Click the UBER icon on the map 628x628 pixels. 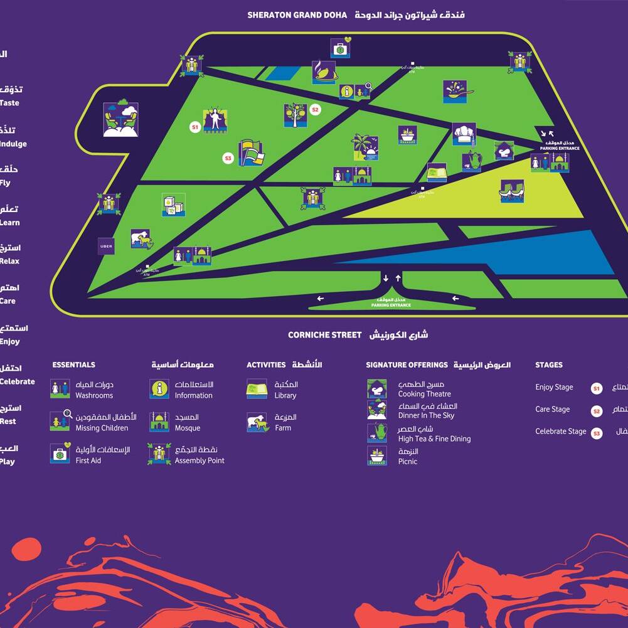click(106, 247)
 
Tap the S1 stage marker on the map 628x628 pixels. click(194, 127)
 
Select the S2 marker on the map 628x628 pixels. click(315, 110)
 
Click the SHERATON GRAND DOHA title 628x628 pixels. click(297, 15)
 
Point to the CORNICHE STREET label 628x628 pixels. click(324, 335)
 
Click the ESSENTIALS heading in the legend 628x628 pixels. click(74, 365)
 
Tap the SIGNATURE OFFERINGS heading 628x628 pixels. click(407, 365)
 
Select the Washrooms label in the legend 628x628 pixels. click(94, 396)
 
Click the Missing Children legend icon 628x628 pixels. click(60, 421)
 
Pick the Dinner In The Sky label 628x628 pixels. click(426, 415)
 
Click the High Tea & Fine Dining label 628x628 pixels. click(434, 439)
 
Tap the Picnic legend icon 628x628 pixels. click(377, 455)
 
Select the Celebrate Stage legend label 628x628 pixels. click(560, 432)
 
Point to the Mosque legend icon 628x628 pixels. click(159, 422)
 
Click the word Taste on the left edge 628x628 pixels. click(9, 103)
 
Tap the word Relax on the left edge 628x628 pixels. click(9, 261)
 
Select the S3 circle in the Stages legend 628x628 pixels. click(597, 433)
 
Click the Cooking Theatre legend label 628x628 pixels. click(424, 394)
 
